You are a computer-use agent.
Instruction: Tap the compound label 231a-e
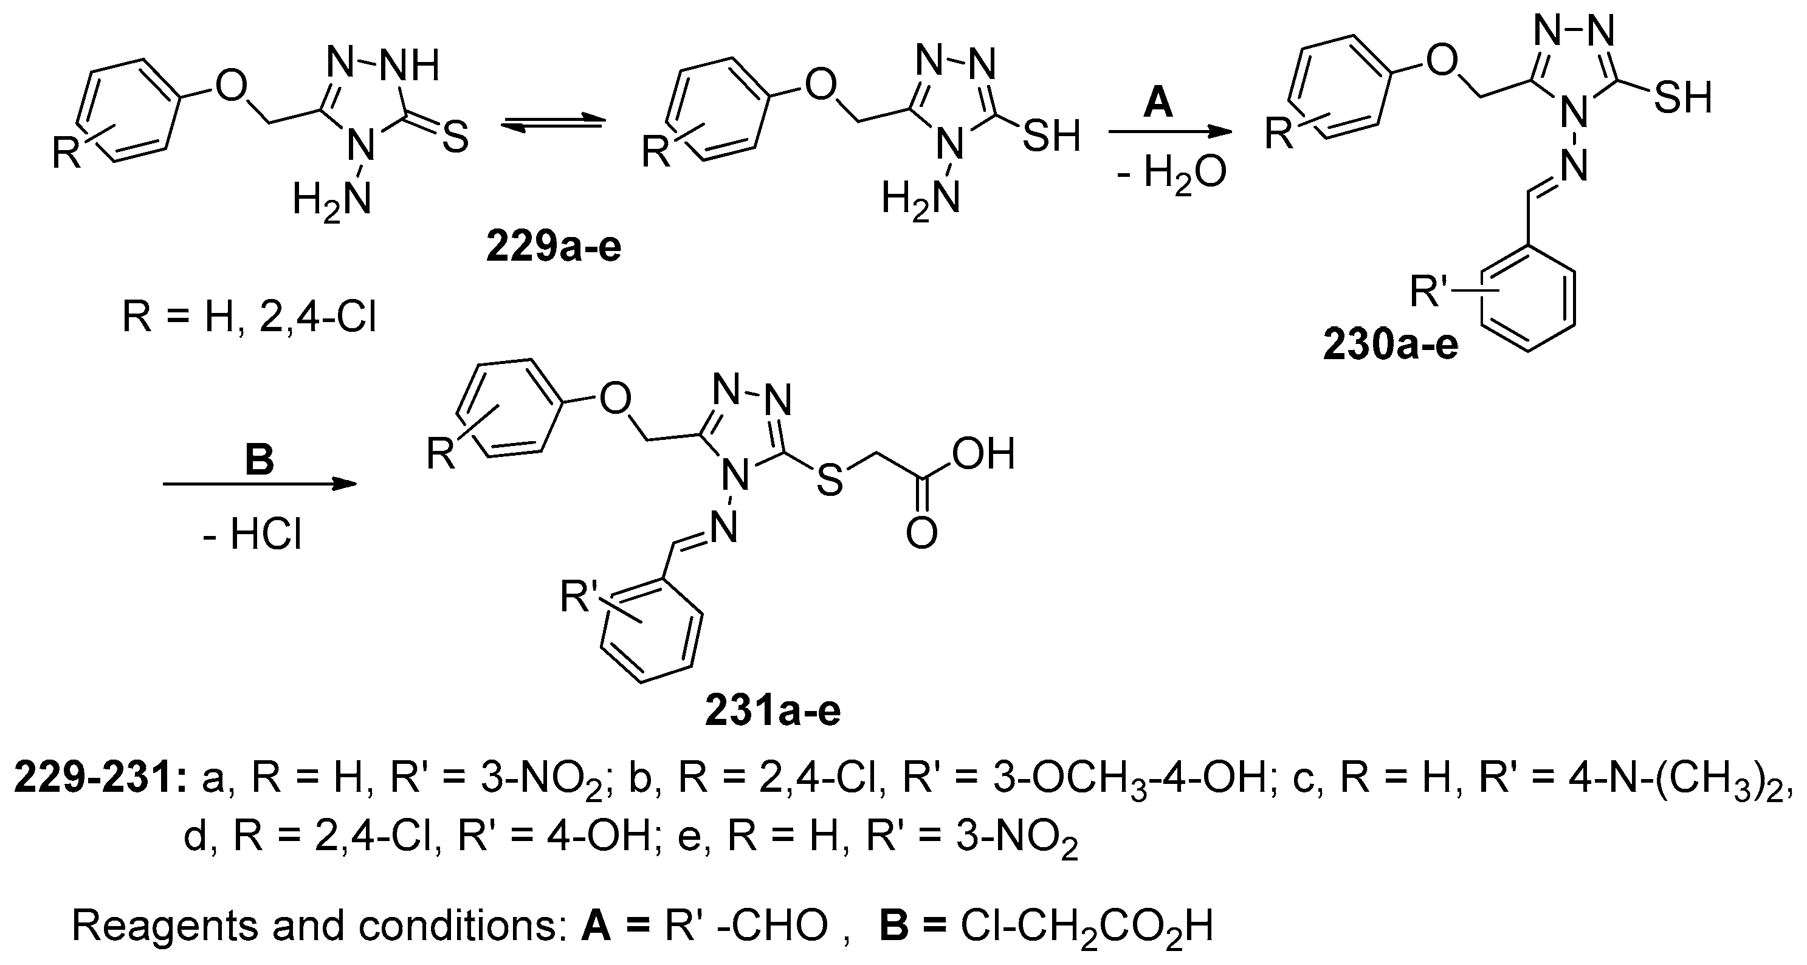(773, 711)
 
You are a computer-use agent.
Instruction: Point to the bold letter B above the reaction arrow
(259, 461)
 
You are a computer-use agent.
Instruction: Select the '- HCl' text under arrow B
(252, 537)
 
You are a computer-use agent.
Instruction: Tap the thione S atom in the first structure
(455, 137)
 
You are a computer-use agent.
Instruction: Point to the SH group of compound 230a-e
(1683, 96)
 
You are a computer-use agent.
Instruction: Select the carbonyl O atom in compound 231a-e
(921, 533)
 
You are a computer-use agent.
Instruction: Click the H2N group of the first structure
(332, 199)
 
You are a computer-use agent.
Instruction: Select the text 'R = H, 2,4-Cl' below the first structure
(250, 317)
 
